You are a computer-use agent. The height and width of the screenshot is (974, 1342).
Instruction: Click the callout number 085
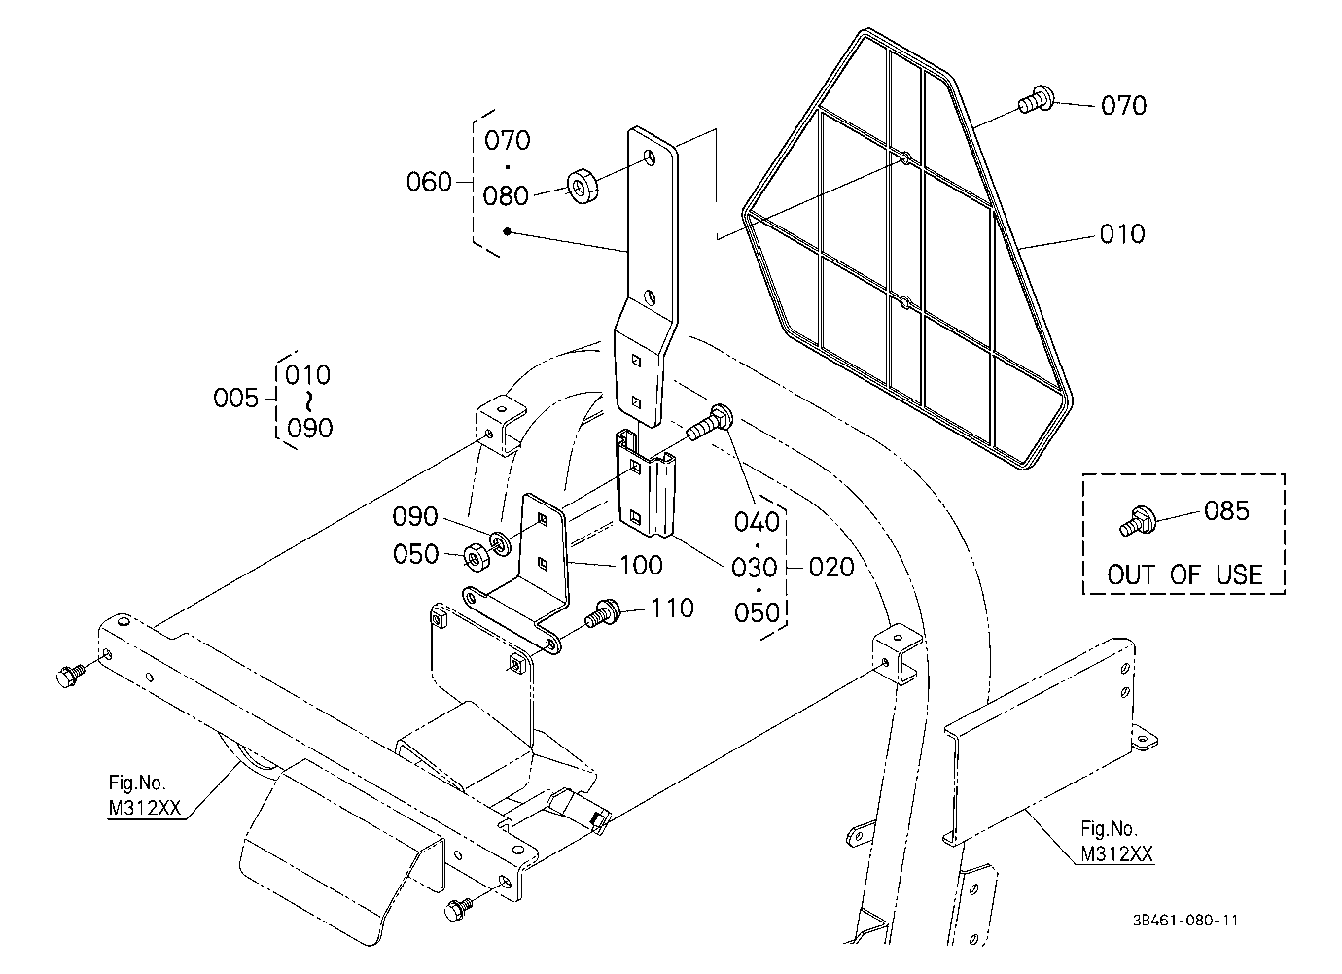pyautogui.click(x=1226, y=511)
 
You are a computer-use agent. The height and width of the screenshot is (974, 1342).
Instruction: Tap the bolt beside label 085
pyautogui.click(x=1136, y=521)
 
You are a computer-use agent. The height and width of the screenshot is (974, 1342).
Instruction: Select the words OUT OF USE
pyautogui.click(x=1184, y=574)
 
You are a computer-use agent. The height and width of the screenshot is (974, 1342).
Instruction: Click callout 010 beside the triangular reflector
pyautogui.click(x=1122, y=233)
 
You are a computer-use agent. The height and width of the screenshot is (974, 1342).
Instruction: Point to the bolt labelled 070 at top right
pyautogui.click(x=1036, y=100)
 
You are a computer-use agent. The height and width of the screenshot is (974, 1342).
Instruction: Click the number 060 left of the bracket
pyautogui.click(x=429, y=182)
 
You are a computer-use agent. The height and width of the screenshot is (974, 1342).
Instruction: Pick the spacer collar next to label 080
pyautogui.click(x=583, y=186)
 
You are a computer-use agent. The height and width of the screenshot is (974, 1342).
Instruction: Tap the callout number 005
pyautogui.click(x=236, y=398)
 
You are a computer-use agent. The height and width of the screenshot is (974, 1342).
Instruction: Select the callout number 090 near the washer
pyautogui.click(x=415, y=516)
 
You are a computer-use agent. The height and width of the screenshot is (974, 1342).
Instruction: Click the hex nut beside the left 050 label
pyautogui.click(x=477, y=558)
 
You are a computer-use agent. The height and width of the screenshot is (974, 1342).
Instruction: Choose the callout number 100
pyautogui.click(x=641, y=565)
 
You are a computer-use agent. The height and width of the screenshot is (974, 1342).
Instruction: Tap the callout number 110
pyautogui.click(x=672, y=608)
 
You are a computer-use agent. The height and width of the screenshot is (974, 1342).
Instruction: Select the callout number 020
pyautogui.click(x=831, y=567)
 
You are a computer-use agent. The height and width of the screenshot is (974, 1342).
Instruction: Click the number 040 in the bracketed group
pyautogui.click(x=758, y=522)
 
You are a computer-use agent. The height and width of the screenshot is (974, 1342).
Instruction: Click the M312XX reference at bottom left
pyautogui.click(x=144, y=808)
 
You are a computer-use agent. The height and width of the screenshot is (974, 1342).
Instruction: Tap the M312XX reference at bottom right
pyautogui.click(x=1116, y=853)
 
